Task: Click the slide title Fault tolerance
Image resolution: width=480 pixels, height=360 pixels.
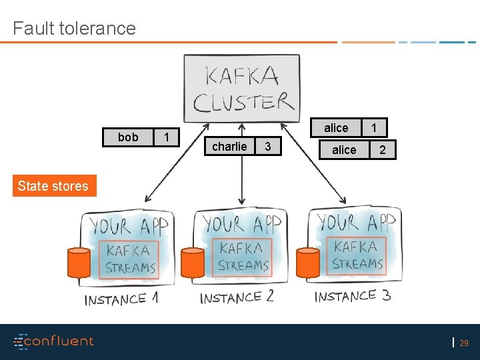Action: coord(74,28)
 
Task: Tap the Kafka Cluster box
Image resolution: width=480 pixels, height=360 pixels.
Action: coord(242,89)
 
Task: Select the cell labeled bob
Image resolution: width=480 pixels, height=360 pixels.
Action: coord(127,137)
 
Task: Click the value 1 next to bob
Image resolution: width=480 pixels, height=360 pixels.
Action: coord(167,137)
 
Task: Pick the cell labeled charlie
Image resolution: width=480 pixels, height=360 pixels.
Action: coord(229,147)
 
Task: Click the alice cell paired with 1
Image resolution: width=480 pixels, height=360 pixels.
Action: coord(336,128)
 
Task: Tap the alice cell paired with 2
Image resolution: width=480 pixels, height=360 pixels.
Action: coord(344,150)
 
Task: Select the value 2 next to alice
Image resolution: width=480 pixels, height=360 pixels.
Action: coord(382,150)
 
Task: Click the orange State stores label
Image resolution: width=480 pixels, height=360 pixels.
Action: coord(53,186)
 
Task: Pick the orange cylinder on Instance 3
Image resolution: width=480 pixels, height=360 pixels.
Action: coord(308,263)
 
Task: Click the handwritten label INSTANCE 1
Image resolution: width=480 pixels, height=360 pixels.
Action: coord(121,299)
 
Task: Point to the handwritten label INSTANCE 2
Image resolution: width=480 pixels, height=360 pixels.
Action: coord(237,297)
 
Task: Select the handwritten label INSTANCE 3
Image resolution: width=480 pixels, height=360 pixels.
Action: coord(353,295)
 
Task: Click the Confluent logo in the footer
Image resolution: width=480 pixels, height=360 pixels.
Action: coord(54,341)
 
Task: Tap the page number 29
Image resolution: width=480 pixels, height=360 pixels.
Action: coord(464,343)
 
